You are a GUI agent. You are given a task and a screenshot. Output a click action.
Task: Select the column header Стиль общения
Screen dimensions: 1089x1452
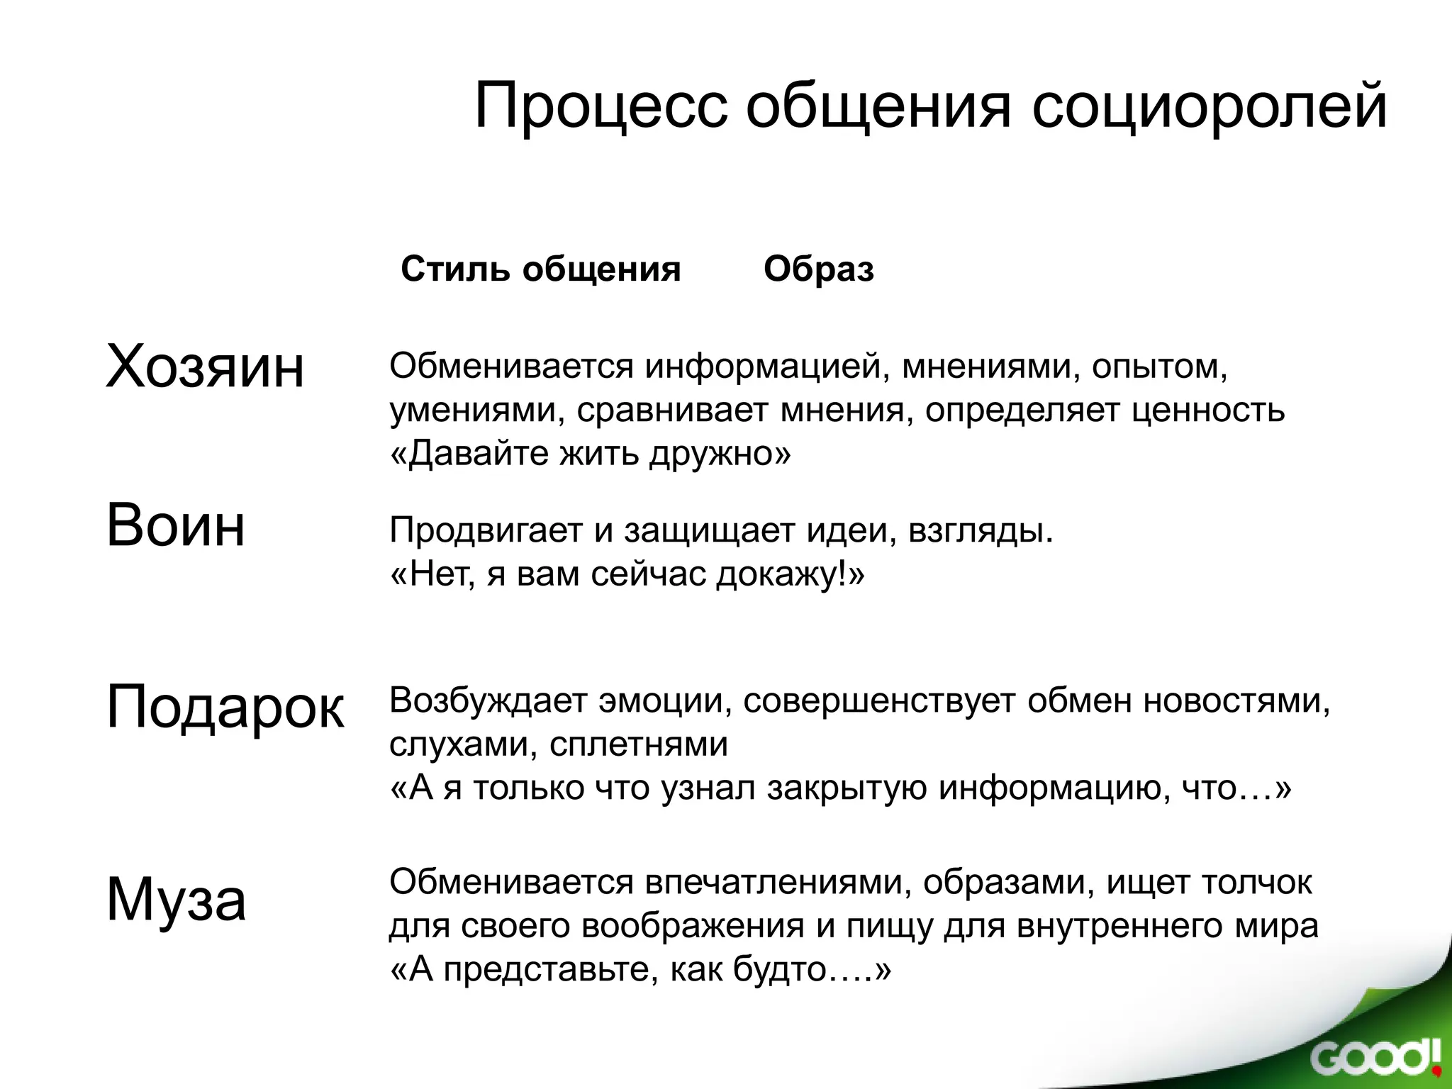coord(540,269)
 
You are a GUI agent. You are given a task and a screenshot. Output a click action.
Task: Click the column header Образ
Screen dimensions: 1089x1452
coord(818,269)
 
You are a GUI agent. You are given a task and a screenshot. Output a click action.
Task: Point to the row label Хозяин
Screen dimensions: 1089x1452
coord(204,367)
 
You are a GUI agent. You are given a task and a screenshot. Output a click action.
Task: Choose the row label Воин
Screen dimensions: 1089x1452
coord(175,526)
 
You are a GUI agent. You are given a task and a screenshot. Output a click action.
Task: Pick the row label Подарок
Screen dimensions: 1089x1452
coord(225,707)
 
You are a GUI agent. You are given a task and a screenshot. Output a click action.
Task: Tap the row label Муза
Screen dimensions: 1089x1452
coord(176,900)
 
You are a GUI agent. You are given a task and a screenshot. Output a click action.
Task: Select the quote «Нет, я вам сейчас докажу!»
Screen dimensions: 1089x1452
coord(627,574)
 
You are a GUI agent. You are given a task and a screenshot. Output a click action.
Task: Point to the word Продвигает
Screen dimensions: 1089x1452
coord(485,530)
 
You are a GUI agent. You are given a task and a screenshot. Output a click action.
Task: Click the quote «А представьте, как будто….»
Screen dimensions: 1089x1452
coord(640,970)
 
